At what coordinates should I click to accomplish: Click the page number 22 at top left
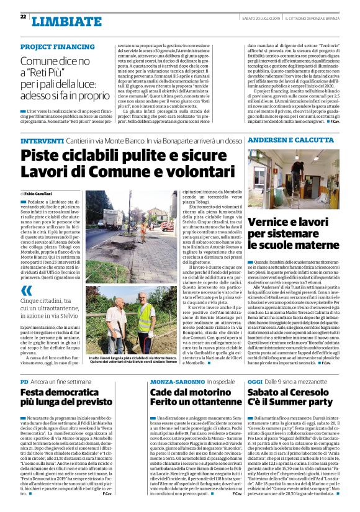click(23, 17)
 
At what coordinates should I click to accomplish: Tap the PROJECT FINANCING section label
click(57, 47)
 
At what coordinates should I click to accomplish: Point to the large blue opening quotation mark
click(25, 291)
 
